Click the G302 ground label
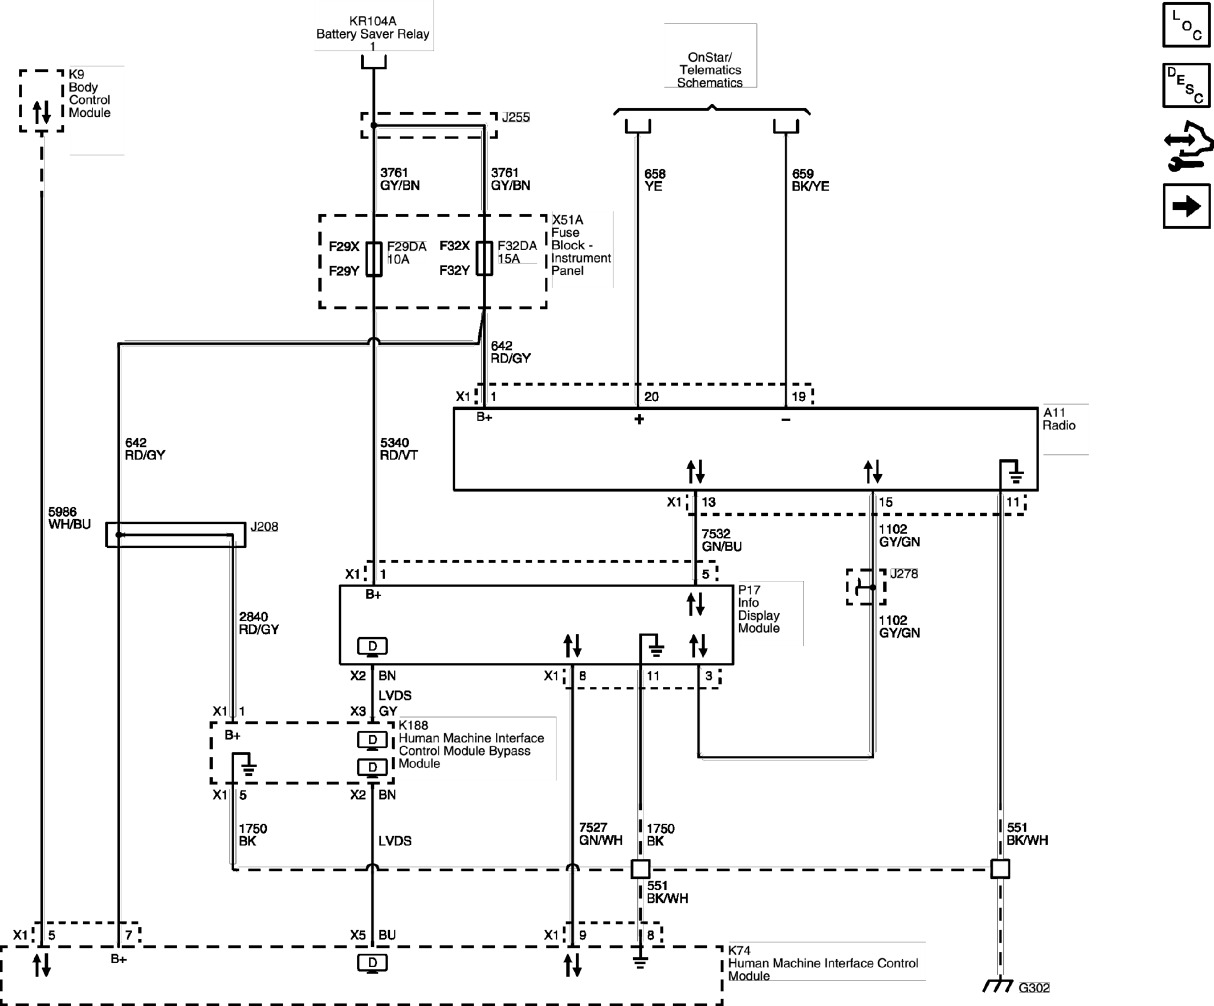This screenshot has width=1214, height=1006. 1034,988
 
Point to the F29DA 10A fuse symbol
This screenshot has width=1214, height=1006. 374,258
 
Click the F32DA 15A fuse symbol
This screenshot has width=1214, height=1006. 484,258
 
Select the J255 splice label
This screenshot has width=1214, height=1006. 516,117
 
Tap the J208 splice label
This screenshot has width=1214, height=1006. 264,527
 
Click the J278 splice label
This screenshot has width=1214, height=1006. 903,573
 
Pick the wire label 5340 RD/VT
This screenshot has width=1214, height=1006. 398,449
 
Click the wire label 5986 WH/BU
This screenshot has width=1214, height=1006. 70,518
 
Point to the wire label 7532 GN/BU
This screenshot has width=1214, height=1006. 722,540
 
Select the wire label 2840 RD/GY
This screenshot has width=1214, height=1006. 258,622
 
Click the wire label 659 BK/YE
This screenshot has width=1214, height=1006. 810,180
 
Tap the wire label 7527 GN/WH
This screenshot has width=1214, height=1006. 601,834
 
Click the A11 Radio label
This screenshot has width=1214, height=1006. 1058,419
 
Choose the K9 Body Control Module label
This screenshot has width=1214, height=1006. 89,93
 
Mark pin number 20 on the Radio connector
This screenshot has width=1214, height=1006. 651,397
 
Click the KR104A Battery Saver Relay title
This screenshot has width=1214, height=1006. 373,28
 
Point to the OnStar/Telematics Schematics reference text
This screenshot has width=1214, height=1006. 710,70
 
